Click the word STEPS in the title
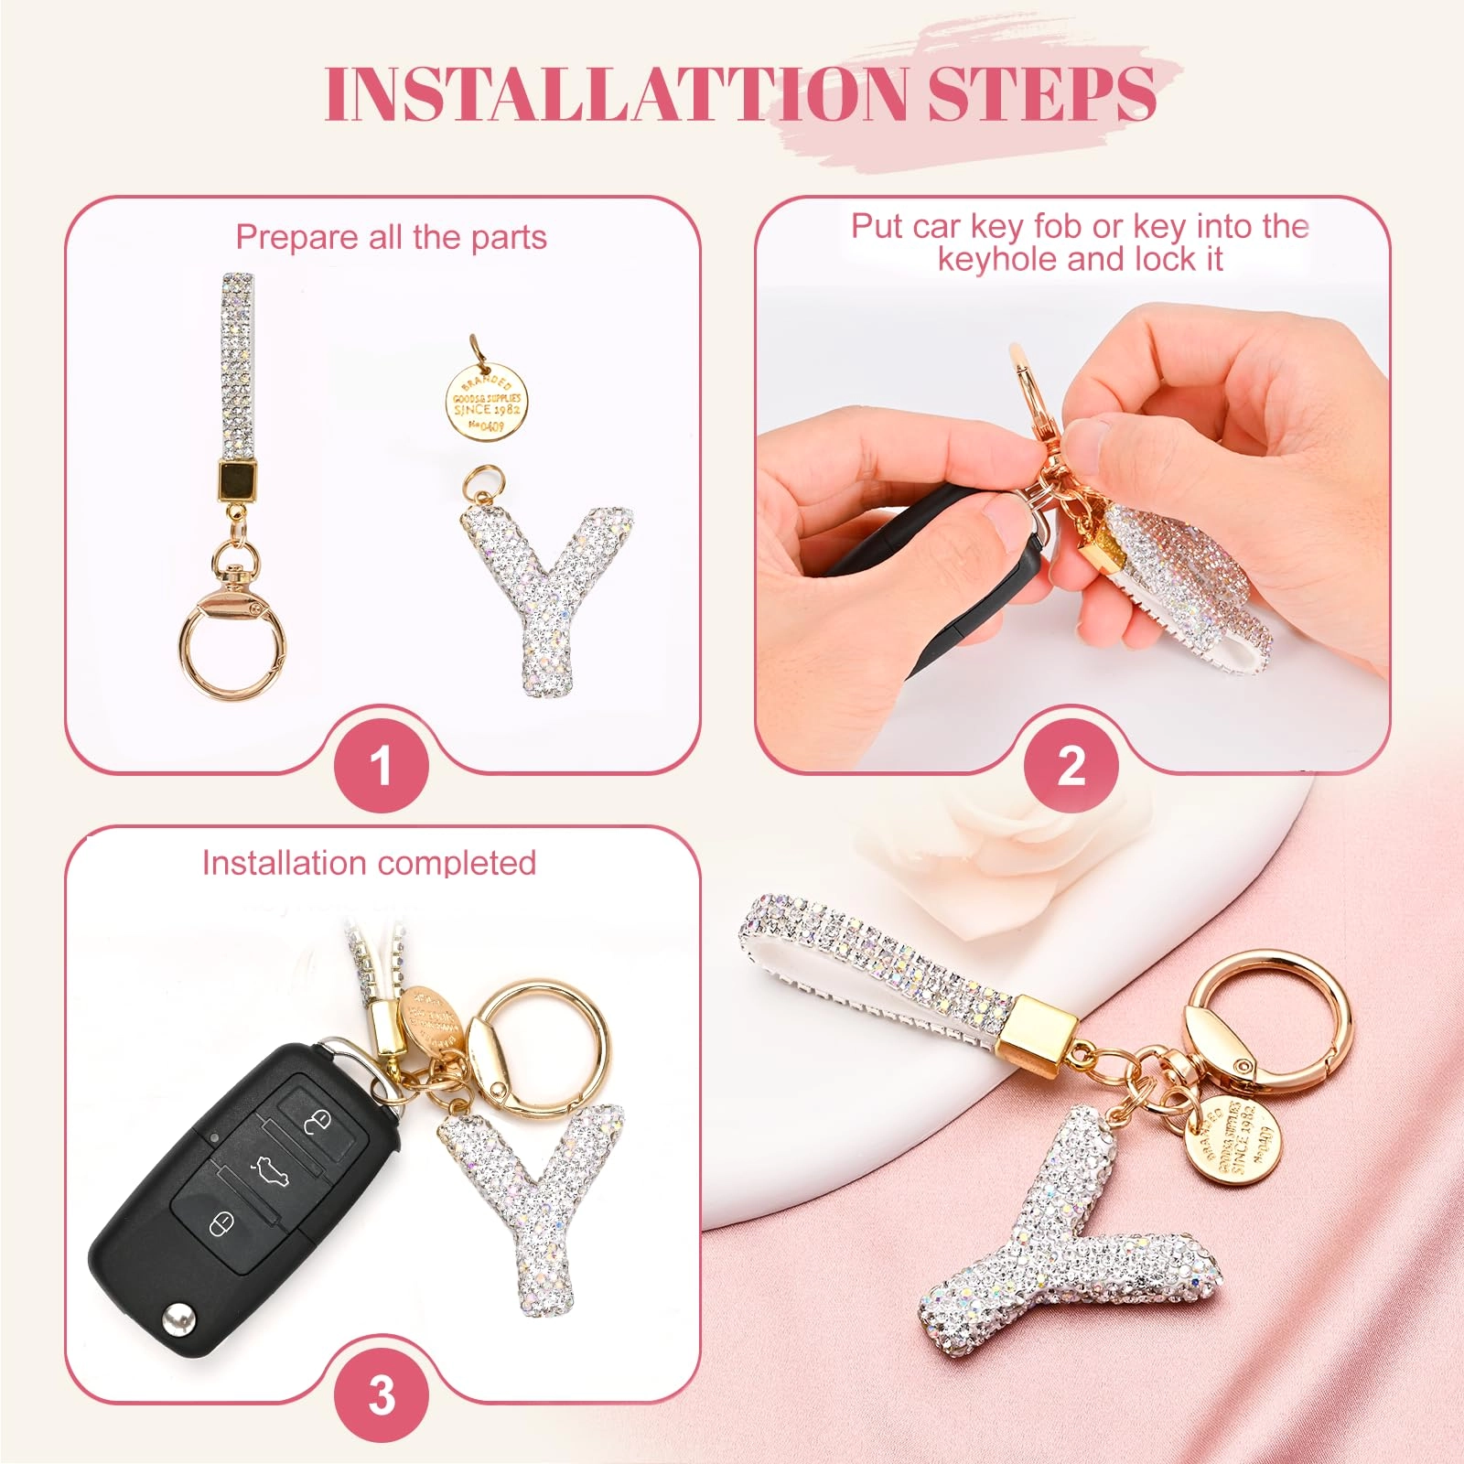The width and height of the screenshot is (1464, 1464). click(x=1041, y=93)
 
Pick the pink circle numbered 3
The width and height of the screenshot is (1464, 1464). click(x=381, y=1395)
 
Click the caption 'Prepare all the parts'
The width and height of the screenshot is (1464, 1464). click(x=391, y=238)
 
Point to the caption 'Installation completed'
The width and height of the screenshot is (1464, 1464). click(x=369, y=863)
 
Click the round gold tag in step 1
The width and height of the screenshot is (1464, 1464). click(x=487, y=404)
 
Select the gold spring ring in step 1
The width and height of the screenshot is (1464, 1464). click(x=229, y=640)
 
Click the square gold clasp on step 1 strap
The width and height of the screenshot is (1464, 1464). click(x=237, y=479)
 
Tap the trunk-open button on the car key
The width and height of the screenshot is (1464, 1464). click(x=269, y=1170)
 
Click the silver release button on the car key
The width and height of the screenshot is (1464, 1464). click(x=176, y=1319)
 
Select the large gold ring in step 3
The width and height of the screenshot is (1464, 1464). click(x=540, y=1043)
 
